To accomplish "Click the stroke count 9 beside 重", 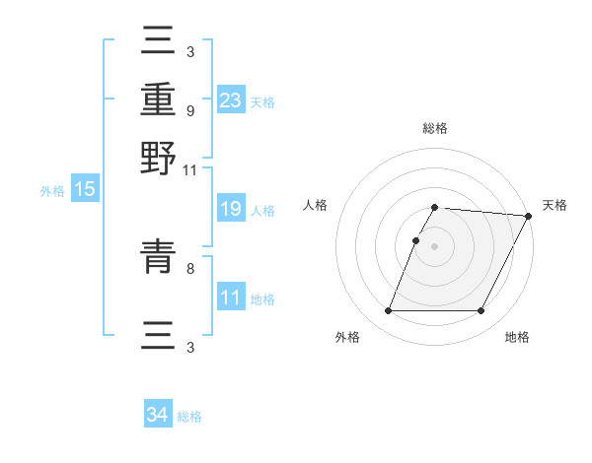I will [x=189, y=110].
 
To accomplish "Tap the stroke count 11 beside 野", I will [x=189, y=169].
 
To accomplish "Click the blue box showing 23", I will [x=231, y=99].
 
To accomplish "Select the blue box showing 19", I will [x=231, y=209].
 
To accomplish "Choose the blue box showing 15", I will [x=85, y=190].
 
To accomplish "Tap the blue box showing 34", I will [x=158, y=415].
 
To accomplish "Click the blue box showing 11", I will [x=231, y=298].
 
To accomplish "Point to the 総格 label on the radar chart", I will [x=435, y=128].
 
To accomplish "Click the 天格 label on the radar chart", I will [x=555, y=205].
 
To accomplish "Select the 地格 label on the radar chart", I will [x=517, y=338].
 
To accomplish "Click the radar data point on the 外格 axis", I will [x=388, y=311].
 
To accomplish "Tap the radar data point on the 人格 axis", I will [x=416, y=240].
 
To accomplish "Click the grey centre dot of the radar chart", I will [x=435, y=246].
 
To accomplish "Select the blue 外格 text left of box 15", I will [x=52, y=190].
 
